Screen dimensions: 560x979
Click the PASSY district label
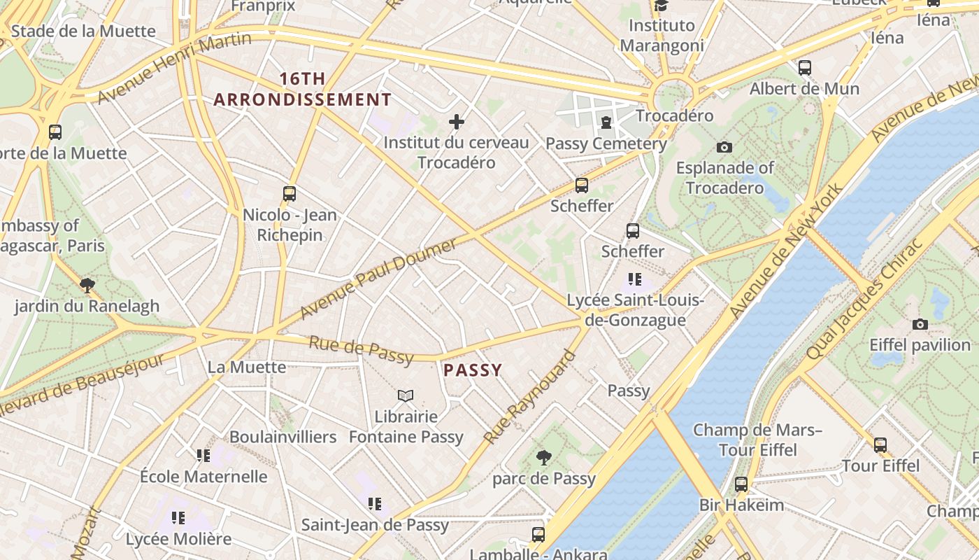pos(473,370)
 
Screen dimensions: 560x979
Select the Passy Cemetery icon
pos(606,123)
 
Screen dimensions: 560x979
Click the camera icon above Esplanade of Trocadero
pos(724,147)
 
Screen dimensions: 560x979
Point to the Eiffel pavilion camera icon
pos(920,324)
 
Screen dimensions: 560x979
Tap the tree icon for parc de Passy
pos(543,458)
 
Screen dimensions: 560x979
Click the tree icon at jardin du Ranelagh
pos(87,285)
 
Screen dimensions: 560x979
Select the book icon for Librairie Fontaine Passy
pos(406,396)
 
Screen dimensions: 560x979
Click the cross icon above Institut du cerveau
pos(457,122)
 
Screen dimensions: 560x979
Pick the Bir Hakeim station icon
pos(741,484)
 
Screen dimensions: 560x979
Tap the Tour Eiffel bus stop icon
pos(880,444)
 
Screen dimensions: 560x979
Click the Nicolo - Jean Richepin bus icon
pos(290,194)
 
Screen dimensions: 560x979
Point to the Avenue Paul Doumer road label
pos(378,279)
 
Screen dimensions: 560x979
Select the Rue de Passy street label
pos(361,350)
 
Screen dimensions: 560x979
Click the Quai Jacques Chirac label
pos(865,302)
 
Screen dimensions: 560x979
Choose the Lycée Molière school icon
pos(178,519)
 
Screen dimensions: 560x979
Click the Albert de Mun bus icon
pos(805,68)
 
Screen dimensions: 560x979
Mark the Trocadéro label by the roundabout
pos(674,115)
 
